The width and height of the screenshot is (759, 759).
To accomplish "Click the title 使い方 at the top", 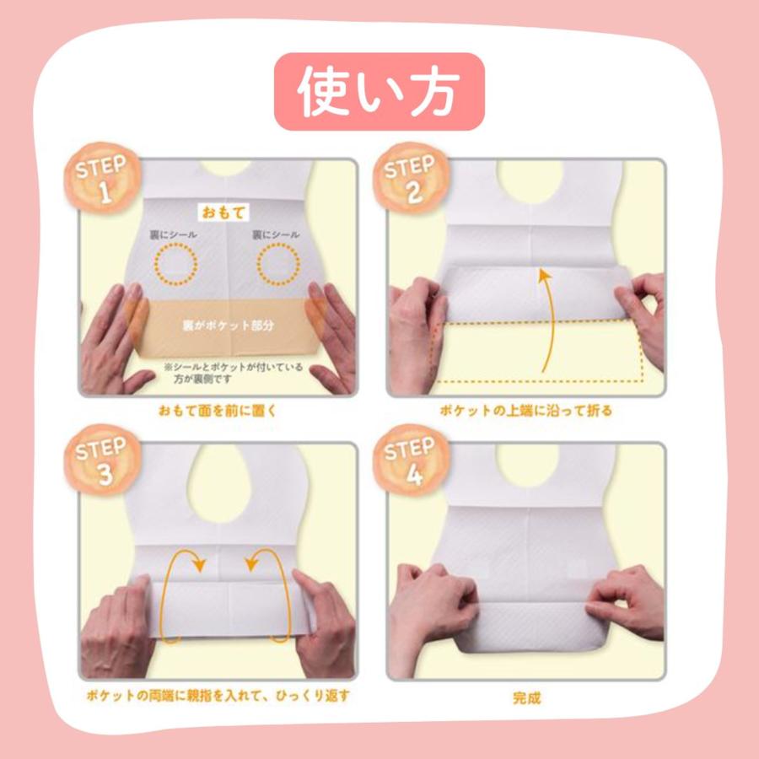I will pos(379,91).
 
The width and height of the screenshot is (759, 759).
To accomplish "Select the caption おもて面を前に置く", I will pos(218,412).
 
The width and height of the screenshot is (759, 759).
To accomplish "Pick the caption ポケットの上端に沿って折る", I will pos(525,412).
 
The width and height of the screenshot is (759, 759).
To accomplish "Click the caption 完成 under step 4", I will pos(526,697).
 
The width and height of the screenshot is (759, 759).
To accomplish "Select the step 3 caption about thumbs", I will pos(218,697).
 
